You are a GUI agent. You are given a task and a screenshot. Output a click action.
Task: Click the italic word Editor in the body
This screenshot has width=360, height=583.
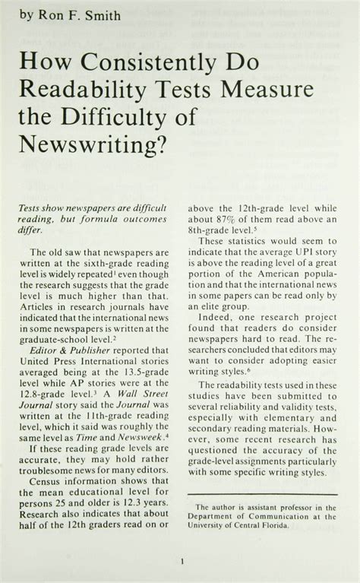point(46,371)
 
